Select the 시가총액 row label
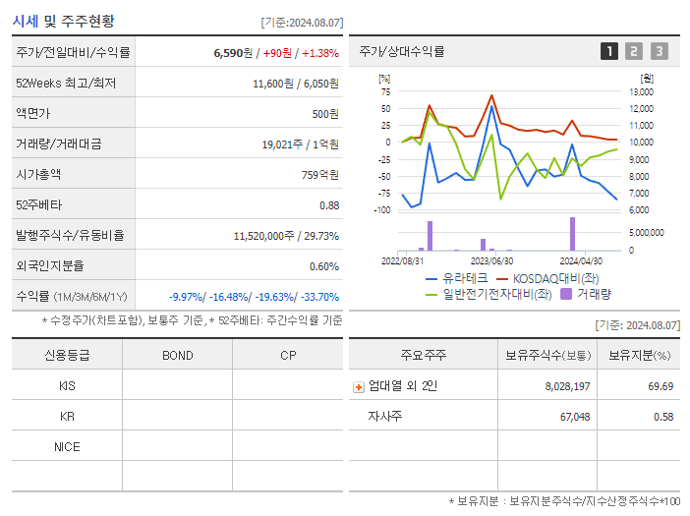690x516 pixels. pyautogui.click(x=38, y=175)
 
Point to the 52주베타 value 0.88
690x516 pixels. pyautogui.click(x=328, y=205)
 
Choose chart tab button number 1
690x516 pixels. pyautogui.click(x=609, y=51)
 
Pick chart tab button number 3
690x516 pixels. pyautogui.click(x=659, y=51)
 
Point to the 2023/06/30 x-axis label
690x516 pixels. pyautogui.click(x=491, y=261)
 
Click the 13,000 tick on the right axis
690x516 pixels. pyautogui.click(x=640, y=91)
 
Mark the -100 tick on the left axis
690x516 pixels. pyautogui.click(x=382, y=209)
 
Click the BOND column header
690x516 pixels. pyautogui.click(x=177, y=355)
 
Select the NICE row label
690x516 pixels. pyautogui.click(x=67, y=446)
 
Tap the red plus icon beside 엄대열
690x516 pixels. pyautogui.click(x=359, y=386)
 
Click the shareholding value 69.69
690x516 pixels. pyautogui.click(x=660, y=386)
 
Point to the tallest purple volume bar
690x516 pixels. pyautogui.click(x=572, y=234)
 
